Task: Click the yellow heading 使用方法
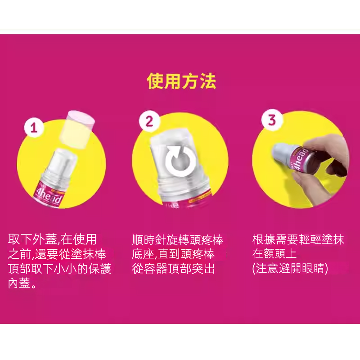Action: (181, 81)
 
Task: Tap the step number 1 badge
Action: (34, 127)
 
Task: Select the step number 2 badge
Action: (149, 121)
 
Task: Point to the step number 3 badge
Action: (272, 120)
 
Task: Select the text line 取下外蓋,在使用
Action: (52, 239)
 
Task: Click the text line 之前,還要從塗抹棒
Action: (57, 254)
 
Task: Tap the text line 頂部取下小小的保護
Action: (60, 269)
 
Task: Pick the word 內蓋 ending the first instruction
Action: (19, 283)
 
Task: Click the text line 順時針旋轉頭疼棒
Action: (178, 240)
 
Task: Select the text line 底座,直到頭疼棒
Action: (173, 254)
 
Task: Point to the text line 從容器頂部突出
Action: (173, 269)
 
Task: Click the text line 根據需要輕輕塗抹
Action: (298, 239)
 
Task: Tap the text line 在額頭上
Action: (274, 254)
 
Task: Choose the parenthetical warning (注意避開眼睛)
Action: (290, 269)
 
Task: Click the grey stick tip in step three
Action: (283, 153)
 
